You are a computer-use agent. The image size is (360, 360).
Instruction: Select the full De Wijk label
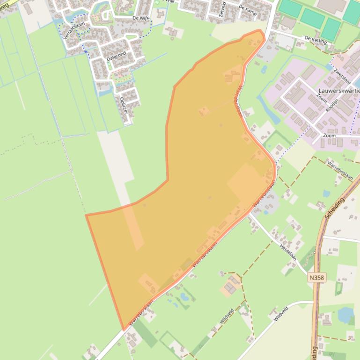[141, 18]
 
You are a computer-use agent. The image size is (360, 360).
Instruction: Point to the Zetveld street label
[222, 9]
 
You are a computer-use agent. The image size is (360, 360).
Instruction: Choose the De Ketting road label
[315, 40]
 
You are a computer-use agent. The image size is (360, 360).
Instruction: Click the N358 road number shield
[317, 277]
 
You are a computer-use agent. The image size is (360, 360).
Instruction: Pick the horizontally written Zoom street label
[329, 136]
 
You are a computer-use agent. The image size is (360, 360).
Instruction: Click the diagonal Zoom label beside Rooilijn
[322, 98]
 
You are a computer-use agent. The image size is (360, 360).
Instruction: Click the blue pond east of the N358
[346, 315]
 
